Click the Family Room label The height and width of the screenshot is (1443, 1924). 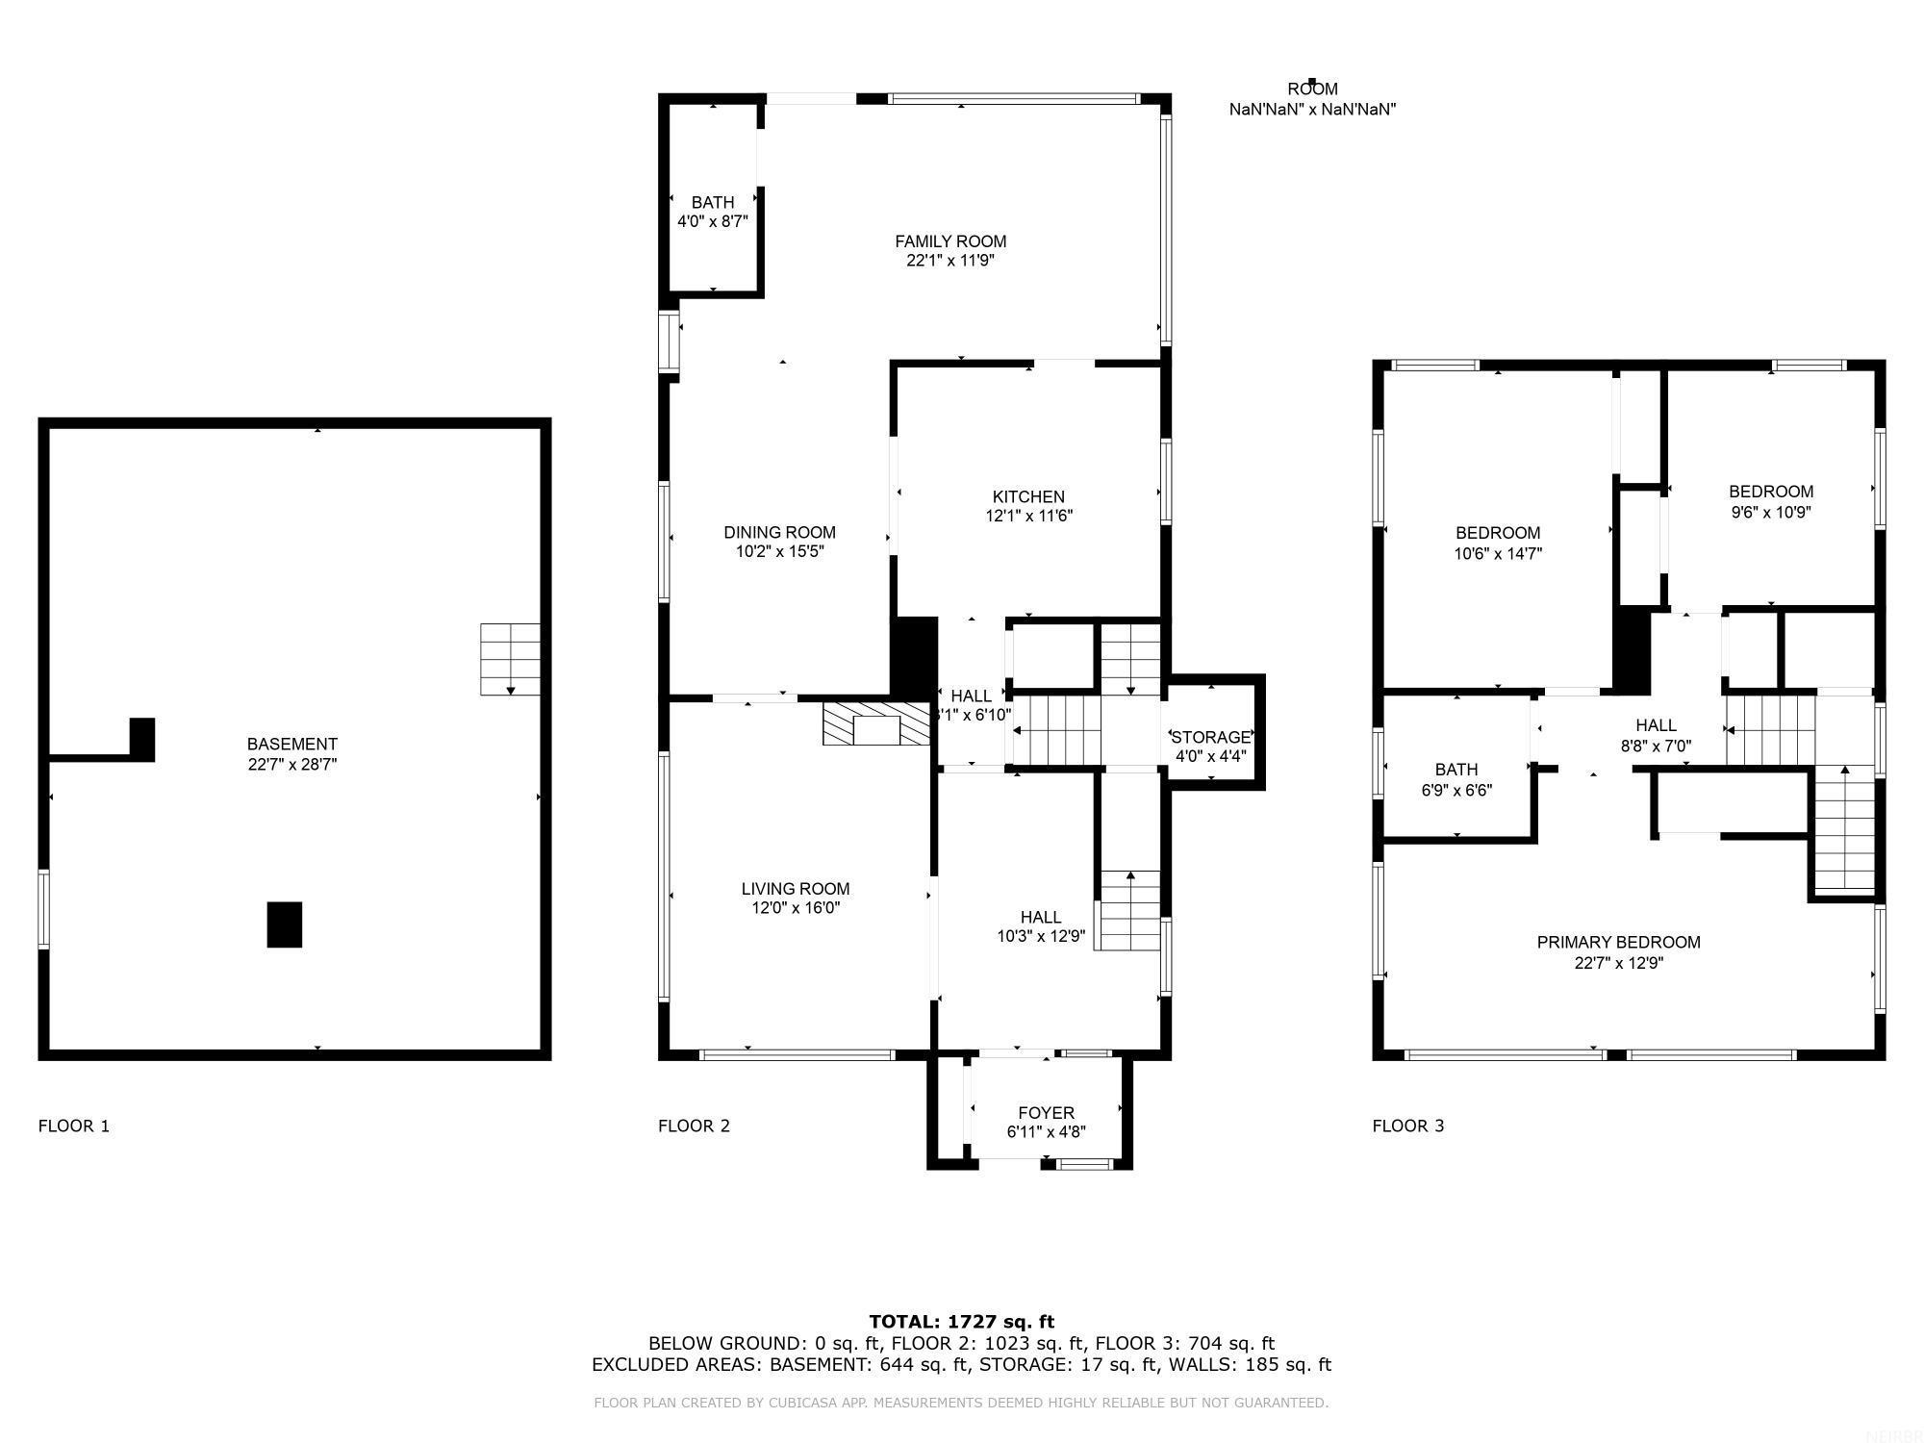click(x=950, y=241)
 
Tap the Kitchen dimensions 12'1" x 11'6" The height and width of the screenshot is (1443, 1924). click(x=1028, y=516)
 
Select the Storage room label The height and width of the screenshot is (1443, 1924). click(x=1210, y=738)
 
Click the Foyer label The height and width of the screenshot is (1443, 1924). click(x=1046, y=1113)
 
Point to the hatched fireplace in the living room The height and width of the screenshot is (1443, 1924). click(x=875, y=724)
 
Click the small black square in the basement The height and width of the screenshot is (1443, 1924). click(x=285, y=924)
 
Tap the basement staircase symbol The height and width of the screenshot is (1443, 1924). click(x=510, y=659)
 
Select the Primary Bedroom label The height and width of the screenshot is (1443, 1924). click(x=1618, y=943)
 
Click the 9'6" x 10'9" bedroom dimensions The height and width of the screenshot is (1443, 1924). click(x=1771, y=513)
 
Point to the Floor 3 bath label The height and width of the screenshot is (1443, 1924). click(x=1456, y=770)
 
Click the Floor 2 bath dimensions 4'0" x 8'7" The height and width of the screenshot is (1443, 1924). click(x=713, y=221)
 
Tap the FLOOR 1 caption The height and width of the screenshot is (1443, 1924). click(x=74, y=1126)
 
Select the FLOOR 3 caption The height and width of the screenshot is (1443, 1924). click(x=1407, y=1126)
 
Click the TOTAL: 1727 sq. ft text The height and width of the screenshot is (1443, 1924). click(x=961, y=1322)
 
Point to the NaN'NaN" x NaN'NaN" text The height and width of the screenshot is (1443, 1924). click(x=1312, y=110)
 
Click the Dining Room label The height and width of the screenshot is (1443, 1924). click(x=779, y=532)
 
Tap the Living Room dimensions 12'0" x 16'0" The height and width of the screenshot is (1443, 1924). click(x=796, y=908)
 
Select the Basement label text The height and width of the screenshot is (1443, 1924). click(x=291, y=744)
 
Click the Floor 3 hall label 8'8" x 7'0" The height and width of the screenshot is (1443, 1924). click(x=1656, y=746)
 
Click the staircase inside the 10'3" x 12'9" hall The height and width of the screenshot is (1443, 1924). click(x=1129, y=910)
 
